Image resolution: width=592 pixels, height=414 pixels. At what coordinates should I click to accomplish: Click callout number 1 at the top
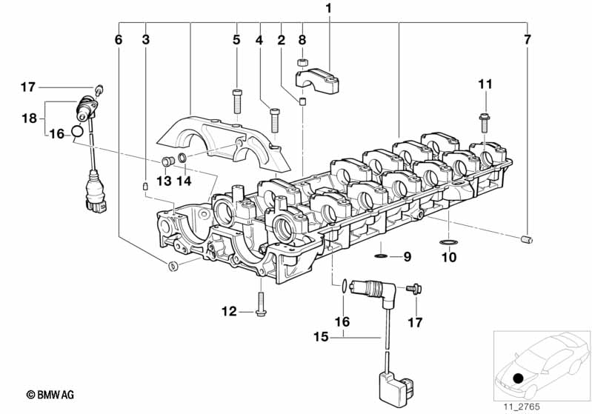328,8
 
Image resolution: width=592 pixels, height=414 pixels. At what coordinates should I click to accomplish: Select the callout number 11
485,84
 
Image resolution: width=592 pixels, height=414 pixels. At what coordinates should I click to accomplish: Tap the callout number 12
229,312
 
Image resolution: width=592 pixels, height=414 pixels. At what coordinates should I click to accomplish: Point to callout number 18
29,118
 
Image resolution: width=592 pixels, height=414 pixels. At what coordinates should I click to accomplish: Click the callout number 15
321,337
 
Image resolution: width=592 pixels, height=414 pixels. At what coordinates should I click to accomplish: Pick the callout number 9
407,257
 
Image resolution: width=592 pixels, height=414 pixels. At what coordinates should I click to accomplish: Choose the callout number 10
449,258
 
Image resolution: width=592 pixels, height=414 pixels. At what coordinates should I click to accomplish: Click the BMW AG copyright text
50,395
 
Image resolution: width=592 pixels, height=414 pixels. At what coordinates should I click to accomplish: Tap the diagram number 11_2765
522,407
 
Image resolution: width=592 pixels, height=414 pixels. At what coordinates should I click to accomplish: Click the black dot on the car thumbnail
519,378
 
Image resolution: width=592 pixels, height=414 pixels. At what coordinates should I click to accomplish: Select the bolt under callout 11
485,123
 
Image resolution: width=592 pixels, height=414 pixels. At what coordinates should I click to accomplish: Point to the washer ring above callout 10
448,242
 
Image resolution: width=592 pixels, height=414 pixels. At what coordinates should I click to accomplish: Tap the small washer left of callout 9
381,257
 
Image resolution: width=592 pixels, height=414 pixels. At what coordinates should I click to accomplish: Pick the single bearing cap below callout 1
317,79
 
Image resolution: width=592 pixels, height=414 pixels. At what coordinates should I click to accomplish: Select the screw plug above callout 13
167,161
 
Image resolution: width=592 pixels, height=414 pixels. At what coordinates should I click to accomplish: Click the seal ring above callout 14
182,157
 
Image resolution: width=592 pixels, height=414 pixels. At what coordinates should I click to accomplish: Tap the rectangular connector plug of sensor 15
396,387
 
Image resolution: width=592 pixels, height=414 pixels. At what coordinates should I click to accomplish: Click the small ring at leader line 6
172,266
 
